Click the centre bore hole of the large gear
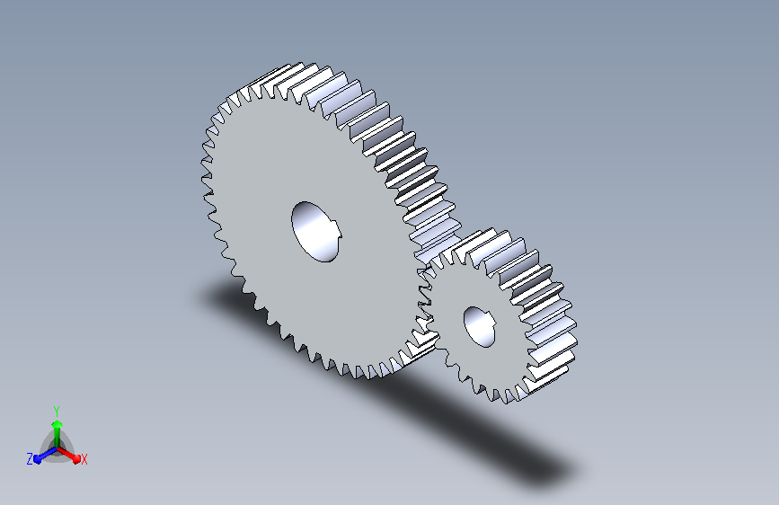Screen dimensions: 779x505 tap(315, 232)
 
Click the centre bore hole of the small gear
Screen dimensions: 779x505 tap(480, 326)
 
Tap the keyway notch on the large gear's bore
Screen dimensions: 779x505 tap(338, 232)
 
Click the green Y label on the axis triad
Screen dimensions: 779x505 tap(57, 411)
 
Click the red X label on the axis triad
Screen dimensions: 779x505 tap(84, 460)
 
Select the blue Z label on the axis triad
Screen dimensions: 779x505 tap(30, 459)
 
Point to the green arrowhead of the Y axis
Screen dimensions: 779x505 tap(58, 425)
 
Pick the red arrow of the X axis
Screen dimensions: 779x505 tap(68, 455)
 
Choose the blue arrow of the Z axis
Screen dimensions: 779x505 tap(45, 455)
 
